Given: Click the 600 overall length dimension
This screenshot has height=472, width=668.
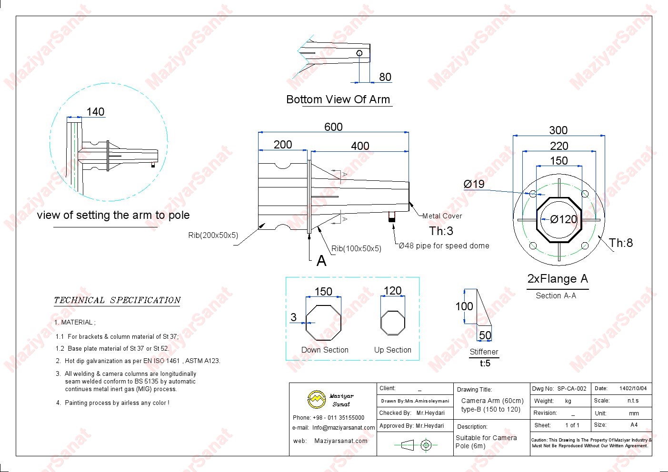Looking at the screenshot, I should (x=333, y=127).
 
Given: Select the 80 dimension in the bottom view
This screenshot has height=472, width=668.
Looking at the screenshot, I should (x=385, y=77).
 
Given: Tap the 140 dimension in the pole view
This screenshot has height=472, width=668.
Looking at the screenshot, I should (x=95, y=112).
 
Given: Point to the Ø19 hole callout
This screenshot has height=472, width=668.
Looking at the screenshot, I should (x=474, y=184).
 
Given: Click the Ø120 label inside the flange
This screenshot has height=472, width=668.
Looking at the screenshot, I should (x=564, y=219).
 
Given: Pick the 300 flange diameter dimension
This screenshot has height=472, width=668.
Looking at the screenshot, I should (x=558, y=130).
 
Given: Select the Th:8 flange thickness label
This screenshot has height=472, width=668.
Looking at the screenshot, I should (x=621, y=243).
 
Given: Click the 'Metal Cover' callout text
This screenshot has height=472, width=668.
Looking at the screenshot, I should (x=442, y=216).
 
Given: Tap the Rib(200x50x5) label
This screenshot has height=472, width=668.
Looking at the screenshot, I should (x=213, y=235).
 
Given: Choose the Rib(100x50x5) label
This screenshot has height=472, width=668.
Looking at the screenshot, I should (x=356, y=248).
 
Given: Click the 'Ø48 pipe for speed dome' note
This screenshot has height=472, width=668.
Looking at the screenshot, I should (x=444, y=246).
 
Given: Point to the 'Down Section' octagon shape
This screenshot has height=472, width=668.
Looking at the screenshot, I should (x=323, y=323).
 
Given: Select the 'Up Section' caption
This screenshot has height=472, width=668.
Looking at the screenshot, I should (x=392, y=350).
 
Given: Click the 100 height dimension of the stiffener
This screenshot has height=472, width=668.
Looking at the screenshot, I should (x=464, y=306).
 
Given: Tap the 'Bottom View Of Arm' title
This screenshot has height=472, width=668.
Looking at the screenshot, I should (x=338, y=99).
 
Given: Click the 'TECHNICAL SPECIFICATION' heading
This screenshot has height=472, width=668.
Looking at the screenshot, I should (x=117, y=300).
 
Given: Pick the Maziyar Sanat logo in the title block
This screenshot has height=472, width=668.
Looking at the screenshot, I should (x=316, y=400).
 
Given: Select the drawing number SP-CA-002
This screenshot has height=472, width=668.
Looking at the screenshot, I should (x=572, y=389).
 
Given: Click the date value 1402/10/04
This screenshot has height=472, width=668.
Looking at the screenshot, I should (x=633, y=389).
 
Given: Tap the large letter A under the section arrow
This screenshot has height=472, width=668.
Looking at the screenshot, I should (x=321, y=261).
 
